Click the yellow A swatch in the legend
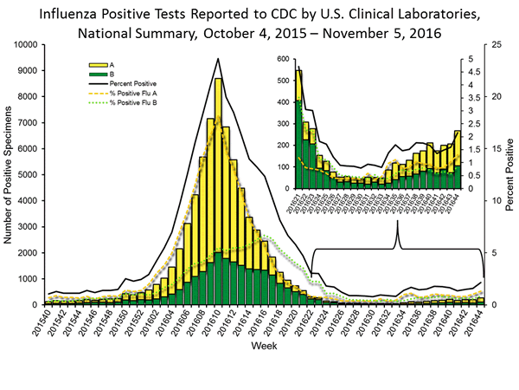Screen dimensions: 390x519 96,64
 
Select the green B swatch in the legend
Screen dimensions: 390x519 96,74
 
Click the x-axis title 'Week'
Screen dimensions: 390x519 264,346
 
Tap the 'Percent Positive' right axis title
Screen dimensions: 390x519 510,174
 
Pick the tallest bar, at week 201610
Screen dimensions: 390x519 218,191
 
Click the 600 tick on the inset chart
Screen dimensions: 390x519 281,58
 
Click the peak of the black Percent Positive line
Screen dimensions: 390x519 218,59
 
